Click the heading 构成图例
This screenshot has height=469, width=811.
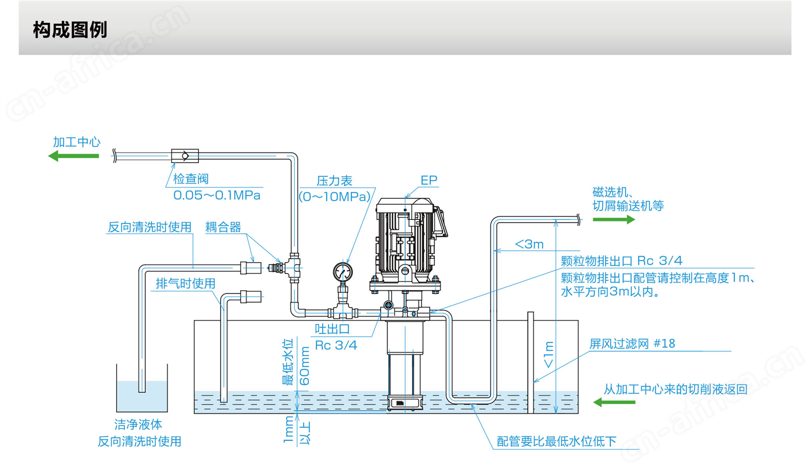[x=70, y=30]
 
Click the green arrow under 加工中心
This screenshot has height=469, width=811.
[x=74, y=156]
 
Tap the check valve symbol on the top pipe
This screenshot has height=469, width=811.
[x=185, y=156]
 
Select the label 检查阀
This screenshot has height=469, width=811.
[x=191, y=179]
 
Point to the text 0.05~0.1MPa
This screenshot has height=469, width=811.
[x=217, y=196]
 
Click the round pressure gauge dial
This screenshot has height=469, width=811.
[x=342, y=272]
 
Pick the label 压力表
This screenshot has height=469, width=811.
[x=334, y=181]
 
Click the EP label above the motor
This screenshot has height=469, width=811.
[x=429, y=180]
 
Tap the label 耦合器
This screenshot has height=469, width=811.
[x=223, y=227]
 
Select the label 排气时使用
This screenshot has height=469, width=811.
[x=186, y=283]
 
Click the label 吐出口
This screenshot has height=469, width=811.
[x=333, y=329]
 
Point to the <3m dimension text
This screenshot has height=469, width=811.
[x=529, y=244]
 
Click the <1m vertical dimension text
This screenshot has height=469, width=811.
[x=549, y=354]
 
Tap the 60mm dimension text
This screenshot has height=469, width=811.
[x=305, y=366]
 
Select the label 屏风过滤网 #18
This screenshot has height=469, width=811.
[x=632, y=344]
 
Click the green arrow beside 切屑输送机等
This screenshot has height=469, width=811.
[x=614, y=219]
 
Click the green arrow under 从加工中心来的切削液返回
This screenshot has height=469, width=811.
[x=614, y=402]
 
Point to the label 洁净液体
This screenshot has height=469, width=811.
[x=138, y=425]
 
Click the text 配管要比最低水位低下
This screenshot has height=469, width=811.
[x=556, y=441]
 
